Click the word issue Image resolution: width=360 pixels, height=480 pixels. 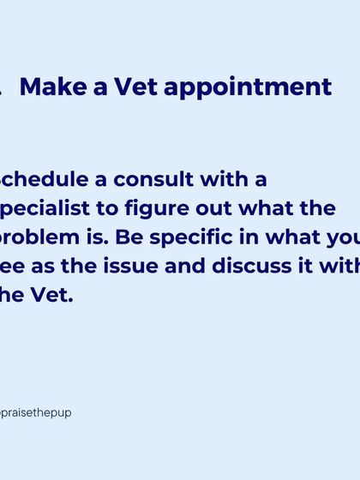coord(146,266)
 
